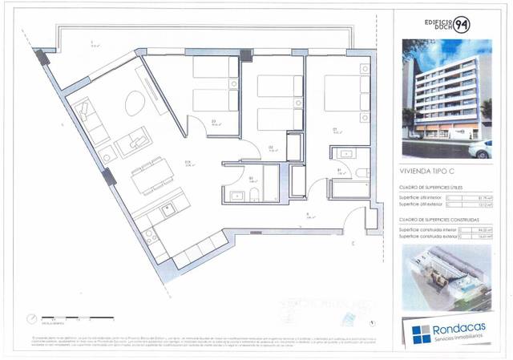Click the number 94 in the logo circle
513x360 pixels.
tap(463, 25)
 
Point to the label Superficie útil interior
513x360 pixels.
tap(422, 197)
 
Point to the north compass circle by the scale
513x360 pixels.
tap(33, 317)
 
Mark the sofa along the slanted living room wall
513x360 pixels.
tap(88, 120)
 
